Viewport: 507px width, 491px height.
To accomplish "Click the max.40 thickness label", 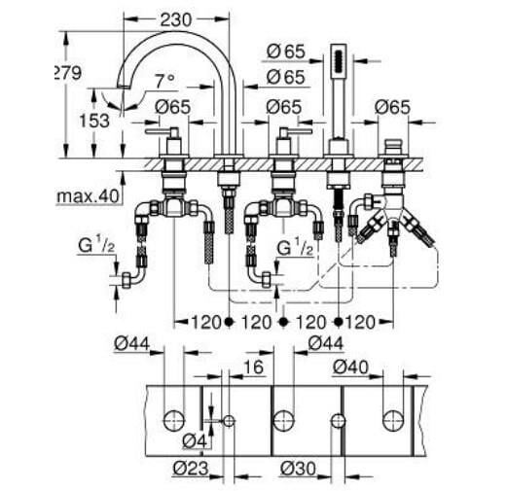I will point(88,195).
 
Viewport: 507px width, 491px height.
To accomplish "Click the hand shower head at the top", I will point(340,61).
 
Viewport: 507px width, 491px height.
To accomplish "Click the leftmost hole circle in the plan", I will point(174,419).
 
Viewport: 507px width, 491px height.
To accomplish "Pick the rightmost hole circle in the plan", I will point(394,419).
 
